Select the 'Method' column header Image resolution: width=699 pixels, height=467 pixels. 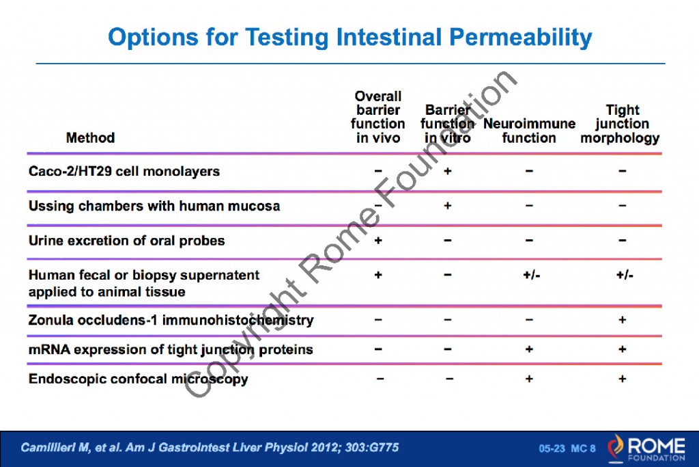90,138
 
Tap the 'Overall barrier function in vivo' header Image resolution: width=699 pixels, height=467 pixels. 378,117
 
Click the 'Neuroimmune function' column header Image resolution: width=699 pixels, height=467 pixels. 529,131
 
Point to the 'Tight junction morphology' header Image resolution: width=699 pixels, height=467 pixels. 621,124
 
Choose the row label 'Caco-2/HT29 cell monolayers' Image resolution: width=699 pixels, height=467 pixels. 124,171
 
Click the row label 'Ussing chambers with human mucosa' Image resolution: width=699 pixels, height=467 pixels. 154,206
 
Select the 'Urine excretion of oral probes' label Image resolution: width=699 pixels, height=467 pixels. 126,241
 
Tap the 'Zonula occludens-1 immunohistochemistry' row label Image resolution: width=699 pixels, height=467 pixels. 171,320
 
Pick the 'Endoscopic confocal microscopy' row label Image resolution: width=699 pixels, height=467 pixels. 138,379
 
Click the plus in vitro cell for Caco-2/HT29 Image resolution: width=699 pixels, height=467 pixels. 447,171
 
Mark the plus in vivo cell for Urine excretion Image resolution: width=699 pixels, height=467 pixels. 378,241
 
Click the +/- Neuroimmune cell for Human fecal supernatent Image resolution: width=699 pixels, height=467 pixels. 529,276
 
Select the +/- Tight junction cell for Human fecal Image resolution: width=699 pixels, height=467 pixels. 622,276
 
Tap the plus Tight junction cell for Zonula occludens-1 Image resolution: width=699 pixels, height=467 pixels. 622,320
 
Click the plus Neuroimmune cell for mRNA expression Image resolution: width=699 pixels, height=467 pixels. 529,349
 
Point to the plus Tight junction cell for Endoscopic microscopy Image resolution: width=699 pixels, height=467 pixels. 622,379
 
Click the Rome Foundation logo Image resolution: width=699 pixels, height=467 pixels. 645,448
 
